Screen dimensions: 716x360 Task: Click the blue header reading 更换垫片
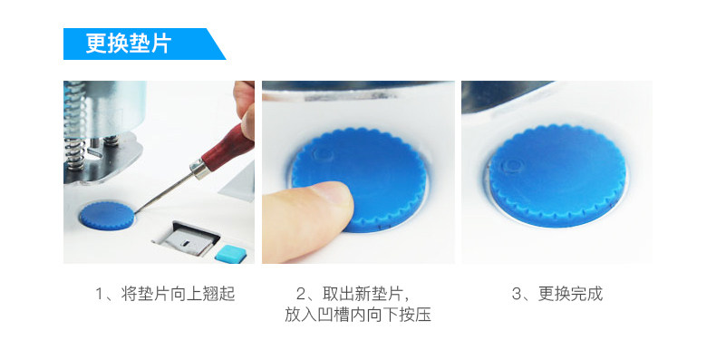(x=144, y=44)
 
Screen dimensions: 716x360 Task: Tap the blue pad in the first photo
(x=107, y=216)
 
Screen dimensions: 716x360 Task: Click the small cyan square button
(x=230, y=254)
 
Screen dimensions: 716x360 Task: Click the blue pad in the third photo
(x=557, y=175)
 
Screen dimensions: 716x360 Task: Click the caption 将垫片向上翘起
(x=178, y=294)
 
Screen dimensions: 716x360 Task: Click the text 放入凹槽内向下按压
(x=358, y=315)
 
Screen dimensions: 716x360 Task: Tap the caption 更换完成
(x=570, y=294)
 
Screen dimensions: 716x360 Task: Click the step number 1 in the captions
(x=99, y=294)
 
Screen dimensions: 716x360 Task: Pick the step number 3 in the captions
(x=517, y=294)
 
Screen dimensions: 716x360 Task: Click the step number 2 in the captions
(x=301, y=294)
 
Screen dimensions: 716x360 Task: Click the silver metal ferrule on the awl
(x=200, y=168)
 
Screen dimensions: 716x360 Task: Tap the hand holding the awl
(x=244, y=110)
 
